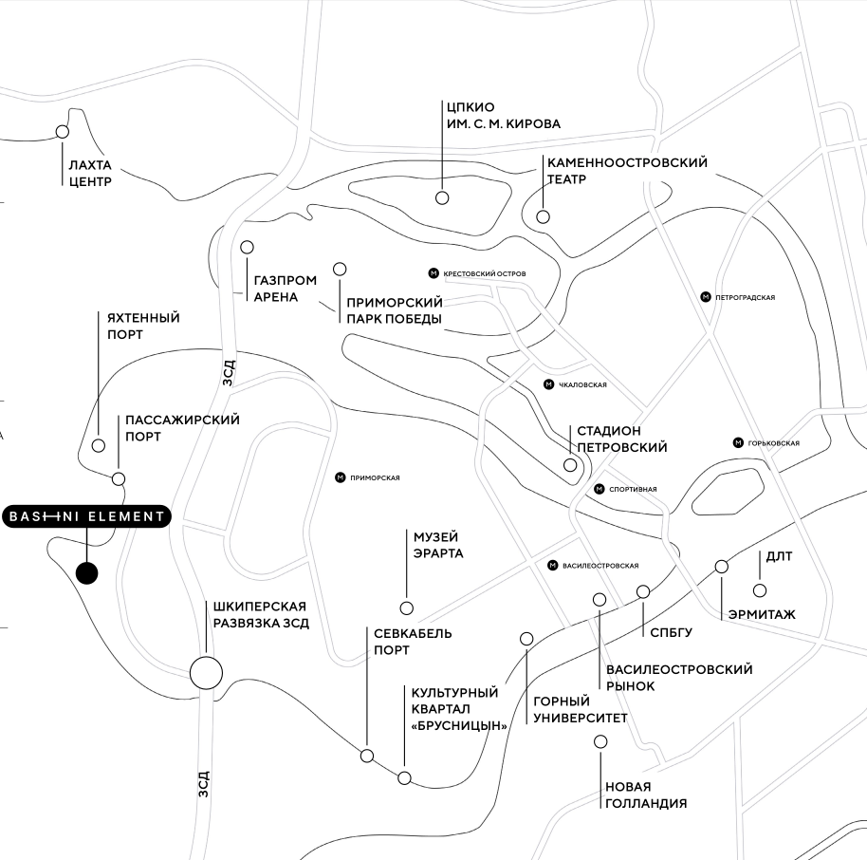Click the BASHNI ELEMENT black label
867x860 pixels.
[x=86, y=516]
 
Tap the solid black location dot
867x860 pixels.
[x=86, y=573]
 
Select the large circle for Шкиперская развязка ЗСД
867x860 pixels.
[x=206, y=673]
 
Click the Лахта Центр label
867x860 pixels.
[x=90, y=173]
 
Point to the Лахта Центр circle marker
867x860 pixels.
[x=63, y=132]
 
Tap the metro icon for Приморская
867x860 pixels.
[x=341, y=477]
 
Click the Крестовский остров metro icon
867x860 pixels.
[x=433, y=273]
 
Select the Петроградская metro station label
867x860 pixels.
[x=746, y=297]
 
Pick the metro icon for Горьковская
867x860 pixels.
[x=738, y=442]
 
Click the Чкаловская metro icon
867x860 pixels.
[x=548, y=384]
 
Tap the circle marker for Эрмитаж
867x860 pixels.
[x=721, y=567]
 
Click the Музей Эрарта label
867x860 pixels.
[x=437, y=545]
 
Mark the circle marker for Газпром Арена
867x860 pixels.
[x=248, y=247]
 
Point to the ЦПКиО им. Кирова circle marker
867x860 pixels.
[x=442, y=197]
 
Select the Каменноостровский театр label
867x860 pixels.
[x=627, y=171]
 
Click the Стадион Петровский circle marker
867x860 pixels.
[x=570, y=465]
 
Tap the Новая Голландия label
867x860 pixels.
[x=645, y=795]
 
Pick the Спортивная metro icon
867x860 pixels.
[x=600, y=489]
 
